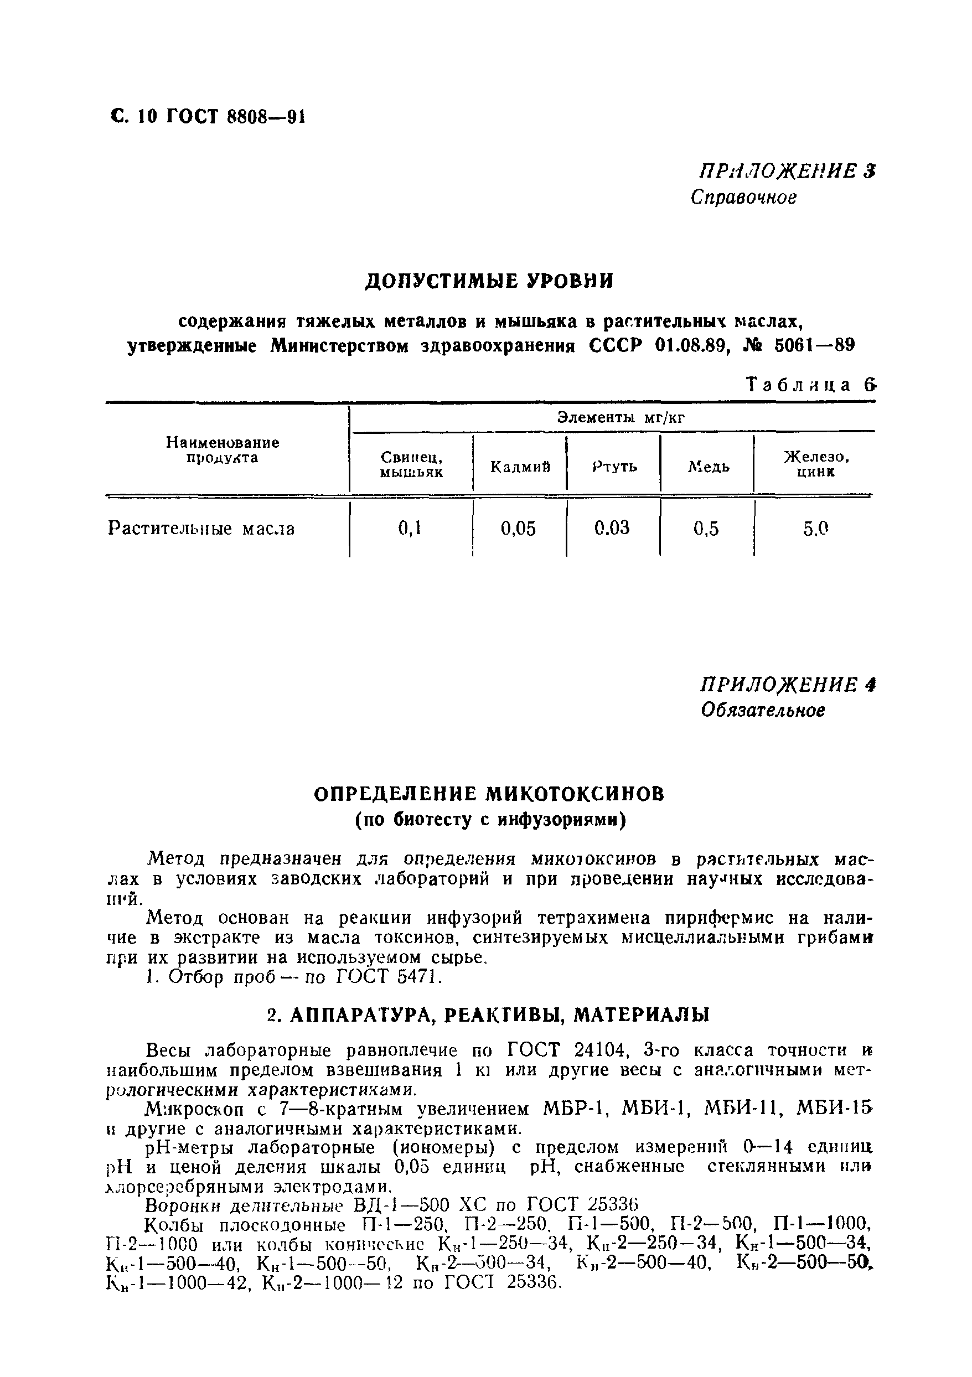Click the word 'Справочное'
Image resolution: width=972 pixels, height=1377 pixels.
(x=743, y=198)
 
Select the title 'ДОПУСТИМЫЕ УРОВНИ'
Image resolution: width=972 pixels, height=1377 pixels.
(x=490, y=281)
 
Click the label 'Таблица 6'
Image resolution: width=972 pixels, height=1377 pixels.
(x=810, y=385)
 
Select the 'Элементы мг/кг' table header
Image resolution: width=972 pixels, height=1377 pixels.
(x=621, y=417)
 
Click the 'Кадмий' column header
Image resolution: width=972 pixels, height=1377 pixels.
(x=520, y=467)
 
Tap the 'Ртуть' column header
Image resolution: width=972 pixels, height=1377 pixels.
(x=614, y=467)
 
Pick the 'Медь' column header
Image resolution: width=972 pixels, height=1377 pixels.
(x=709, y=467)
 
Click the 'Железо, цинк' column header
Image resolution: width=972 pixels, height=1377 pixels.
(x=816, y=465)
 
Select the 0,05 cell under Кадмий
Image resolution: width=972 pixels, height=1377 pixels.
(x=519, y=529)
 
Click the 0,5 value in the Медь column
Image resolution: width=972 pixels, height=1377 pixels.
(x=706, y=529)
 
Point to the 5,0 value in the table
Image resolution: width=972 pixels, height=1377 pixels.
(x=815, y=529)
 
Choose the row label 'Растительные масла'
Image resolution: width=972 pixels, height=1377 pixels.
(x=201, y=529)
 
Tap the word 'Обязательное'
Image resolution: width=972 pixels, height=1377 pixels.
(x=763, y=710)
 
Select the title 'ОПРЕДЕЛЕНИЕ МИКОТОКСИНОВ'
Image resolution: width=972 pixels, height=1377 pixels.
(x=490, y=794)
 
